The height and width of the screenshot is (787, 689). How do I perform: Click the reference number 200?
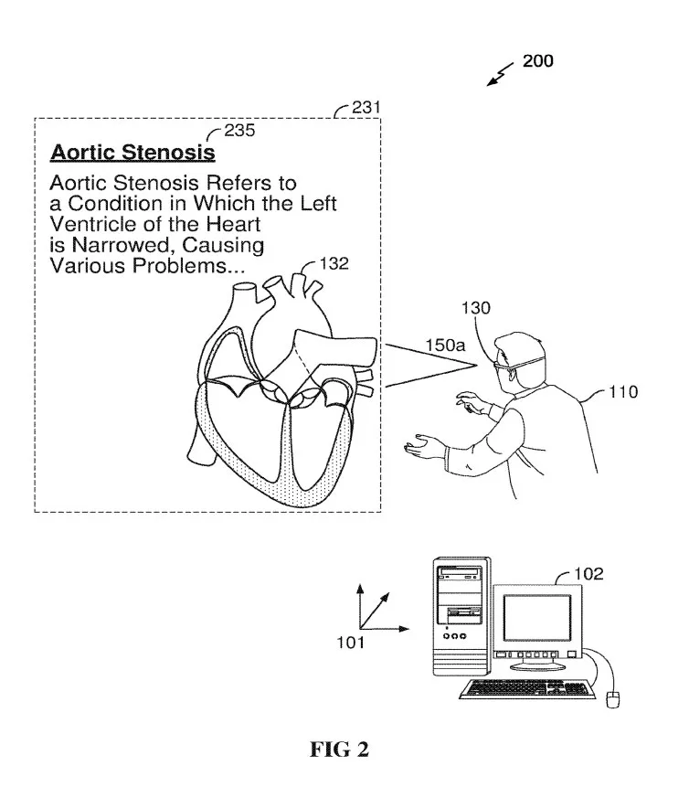pyautogui.click(x=538, y=60)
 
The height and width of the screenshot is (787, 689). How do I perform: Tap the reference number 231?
pyautogui.click(x=366, y=107)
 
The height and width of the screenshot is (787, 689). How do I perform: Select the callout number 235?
pyautogui.click(x=239, y=130)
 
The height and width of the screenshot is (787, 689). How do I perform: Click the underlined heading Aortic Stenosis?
pyautogui.click(x=133, y=152)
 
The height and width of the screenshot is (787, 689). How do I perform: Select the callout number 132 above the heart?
pyautogui.click(x=334, y=263)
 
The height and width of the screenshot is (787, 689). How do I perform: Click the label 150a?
pyautogui.click(x=445, y=345)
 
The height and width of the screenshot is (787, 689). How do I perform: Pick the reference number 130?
pyautogui.click(x=475, y=308)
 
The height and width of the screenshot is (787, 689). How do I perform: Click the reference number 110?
pyautogui.click(x=623, y=391)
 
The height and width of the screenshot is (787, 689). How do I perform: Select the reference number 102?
pyautogui.click(x=588, y=573)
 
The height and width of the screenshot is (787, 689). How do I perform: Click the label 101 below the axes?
pyautogui.click(x=350, y=643)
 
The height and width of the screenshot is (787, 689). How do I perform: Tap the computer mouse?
pyautogui.click(x=613, y=699)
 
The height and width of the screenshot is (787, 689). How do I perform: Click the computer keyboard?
pyautogui.click(x=527, y=688)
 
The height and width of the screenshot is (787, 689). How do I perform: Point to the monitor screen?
pyautogui.click(x=537, y=618)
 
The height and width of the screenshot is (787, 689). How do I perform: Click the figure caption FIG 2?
pyautogui.click(x=339, y=750)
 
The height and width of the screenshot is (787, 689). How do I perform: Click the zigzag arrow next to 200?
pyautogui.click(x=500, y=75)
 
